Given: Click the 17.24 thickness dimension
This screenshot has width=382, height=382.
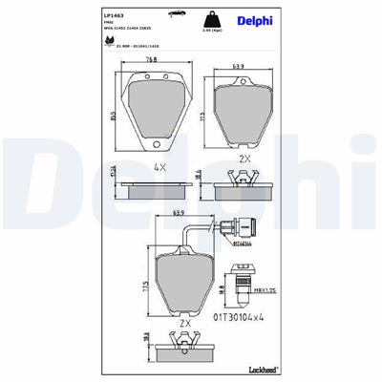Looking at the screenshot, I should pyautogui.click(x=112, y=172).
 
